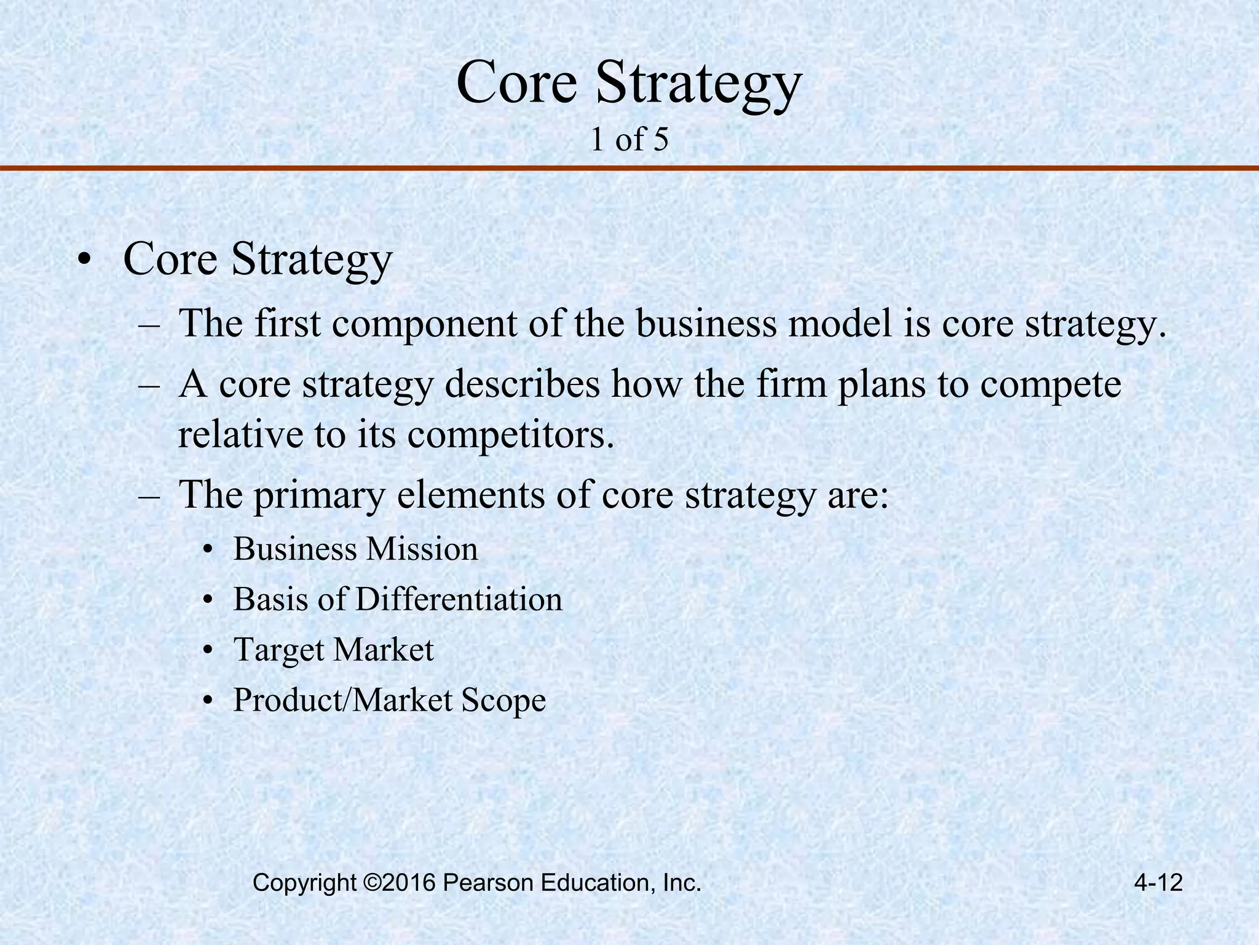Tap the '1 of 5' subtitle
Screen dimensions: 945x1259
[629, 140]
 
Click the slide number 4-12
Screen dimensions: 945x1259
[1158, 883]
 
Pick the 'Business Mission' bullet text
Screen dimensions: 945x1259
[355, 549]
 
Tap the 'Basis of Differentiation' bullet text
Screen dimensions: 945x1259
[398, 599]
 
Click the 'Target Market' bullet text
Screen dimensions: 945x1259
[334, 650]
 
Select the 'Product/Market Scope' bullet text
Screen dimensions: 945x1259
[389, 700]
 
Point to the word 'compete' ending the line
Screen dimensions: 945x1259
[1051, 385]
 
